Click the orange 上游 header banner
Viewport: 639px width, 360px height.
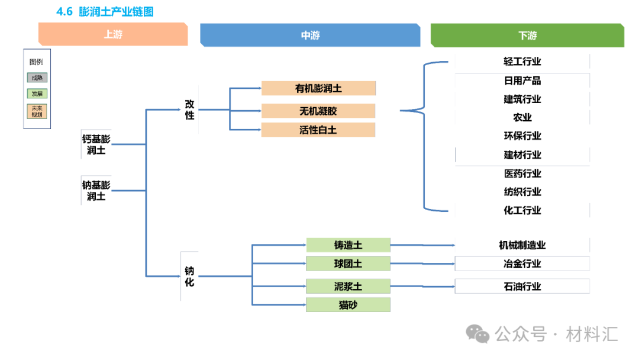coord(113,34)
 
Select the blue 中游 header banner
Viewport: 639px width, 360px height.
coord(310,35)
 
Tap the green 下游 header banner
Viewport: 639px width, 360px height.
coord(527,35)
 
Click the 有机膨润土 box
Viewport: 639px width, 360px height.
coord(318,88)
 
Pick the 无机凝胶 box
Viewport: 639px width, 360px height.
coord(318,111)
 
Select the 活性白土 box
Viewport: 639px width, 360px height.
coord(318,130)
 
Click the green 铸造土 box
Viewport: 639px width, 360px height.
coord(348,245)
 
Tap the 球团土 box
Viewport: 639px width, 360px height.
coord(348,263)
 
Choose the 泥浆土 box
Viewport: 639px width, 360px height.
coord(348,286)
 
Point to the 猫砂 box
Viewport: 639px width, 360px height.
coord(348,305)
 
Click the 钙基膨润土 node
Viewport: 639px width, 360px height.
coord(96,144)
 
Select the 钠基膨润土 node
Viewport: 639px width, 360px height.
coord(96,190)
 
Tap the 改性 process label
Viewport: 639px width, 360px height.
coord(189,110)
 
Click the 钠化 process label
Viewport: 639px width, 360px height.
coord(189,277)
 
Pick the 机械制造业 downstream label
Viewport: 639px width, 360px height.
coord(522,245)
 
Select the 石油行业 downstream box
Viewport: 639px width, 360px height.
coord(522,286)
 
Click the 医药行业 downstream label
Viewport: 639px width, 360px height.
coord(522,173)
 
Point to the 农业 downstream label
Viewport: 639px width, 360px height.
coord(522,117)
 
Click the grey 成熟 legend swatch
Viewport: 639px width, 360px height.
coord(37,78)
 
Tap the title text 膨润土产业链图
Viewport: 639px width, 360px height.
coord(116,11)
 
